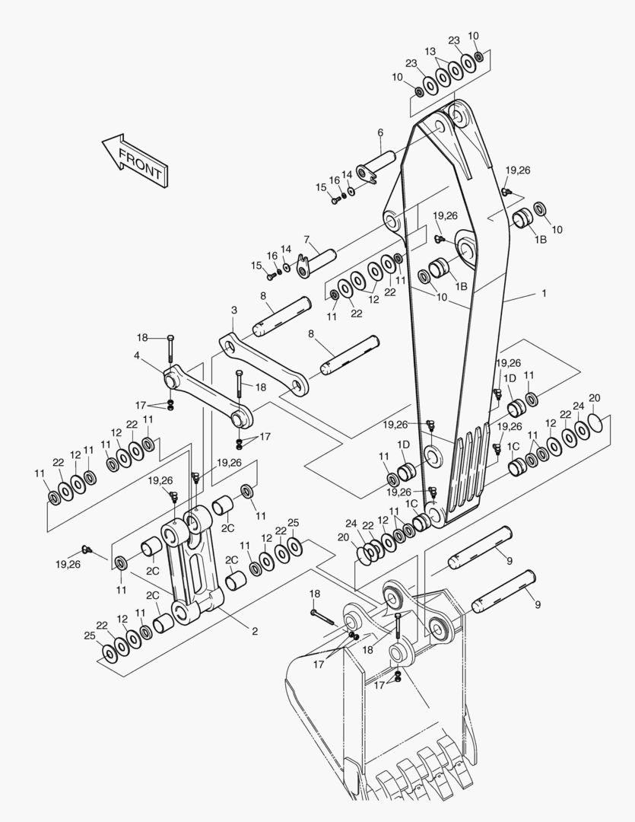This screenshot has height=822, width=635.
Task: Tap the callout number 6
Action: [379, 133]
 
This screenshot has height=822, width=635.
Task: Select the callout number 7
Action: [306, 240]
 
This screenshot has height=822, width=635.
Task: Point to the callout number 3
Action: [234, 310]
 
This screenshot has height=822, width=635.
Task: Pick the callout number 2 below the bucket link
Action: [254, 630]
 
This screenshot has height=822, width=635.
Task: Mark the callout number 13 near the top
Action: [431, 51]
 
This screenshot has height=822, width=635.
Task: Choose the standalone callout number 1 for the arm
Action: [544, 292]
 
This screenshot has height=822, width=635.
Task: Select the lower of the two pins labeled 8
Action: [351, 355]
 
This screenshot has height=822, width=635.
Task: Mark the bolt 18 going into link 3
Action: [240, 384]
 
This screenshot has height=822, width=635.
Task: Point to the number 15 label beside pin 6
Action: [321, 186]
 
